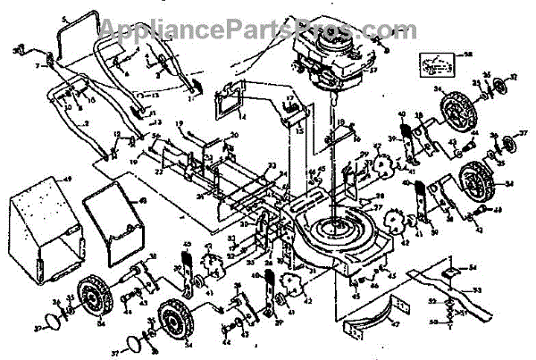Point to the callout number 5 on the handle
[x=63, y=20]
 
